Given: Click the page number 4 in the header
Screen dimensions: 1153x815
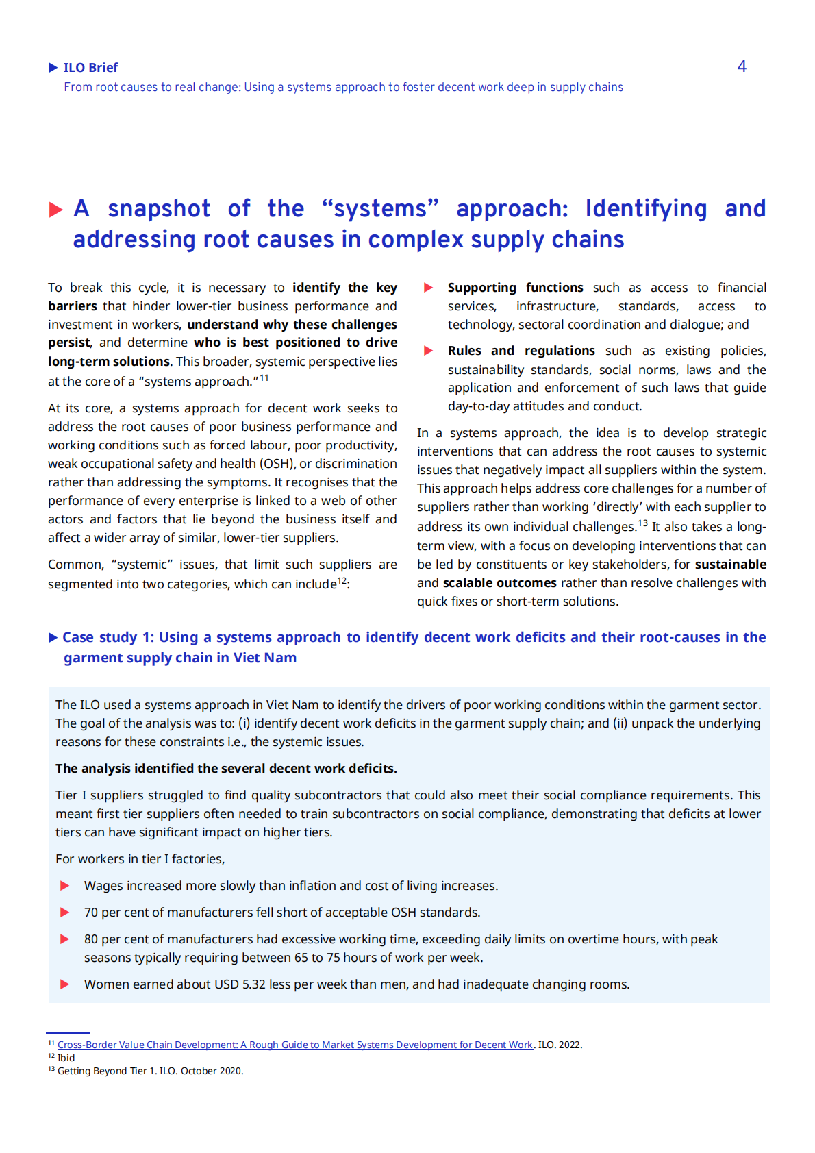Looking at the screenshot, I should [742, 66].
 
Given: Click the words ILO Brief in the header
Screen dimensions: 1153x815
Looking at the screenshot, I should [90, 68].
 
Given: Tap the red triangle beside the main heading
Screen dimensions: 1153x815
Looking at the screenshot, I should [56, 210].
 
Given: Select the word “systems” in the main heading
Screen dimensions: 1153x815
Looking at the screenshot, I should [380, 208].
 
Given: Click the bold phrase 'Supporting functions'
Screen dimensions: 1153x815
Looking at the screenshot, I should [515, 288].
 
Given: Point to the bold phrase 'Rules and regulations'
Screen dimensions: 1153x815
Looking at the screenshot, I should [521, 351].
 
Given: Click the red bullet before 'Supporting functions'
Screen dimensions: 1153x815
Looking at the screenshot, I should [429, 288].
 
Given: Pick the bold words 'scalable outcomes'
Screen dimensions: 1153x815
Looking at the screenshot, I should [499, 583].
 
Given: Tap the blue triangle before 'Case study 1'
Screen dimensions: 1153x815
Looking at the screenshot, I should [53, 638].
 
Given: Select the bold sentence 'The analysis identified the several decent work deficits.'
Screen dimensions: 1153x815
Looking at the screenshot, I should [226, 769].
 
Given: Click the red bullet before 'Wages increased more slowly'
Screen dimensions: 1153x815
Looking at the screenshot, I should [65, 886].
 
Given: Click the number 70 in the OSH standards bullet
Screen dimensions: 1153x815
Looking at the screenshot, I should [91, 913].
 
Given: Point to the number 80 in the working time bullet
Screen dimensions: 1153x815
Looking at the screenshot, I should [91, 939].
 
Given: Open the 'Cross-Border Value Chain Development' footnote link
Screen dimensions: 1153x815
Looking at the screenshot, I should [294, 1045].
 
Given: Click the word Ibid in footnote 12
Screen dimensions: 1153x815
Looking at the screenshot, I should [66, 1058].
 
